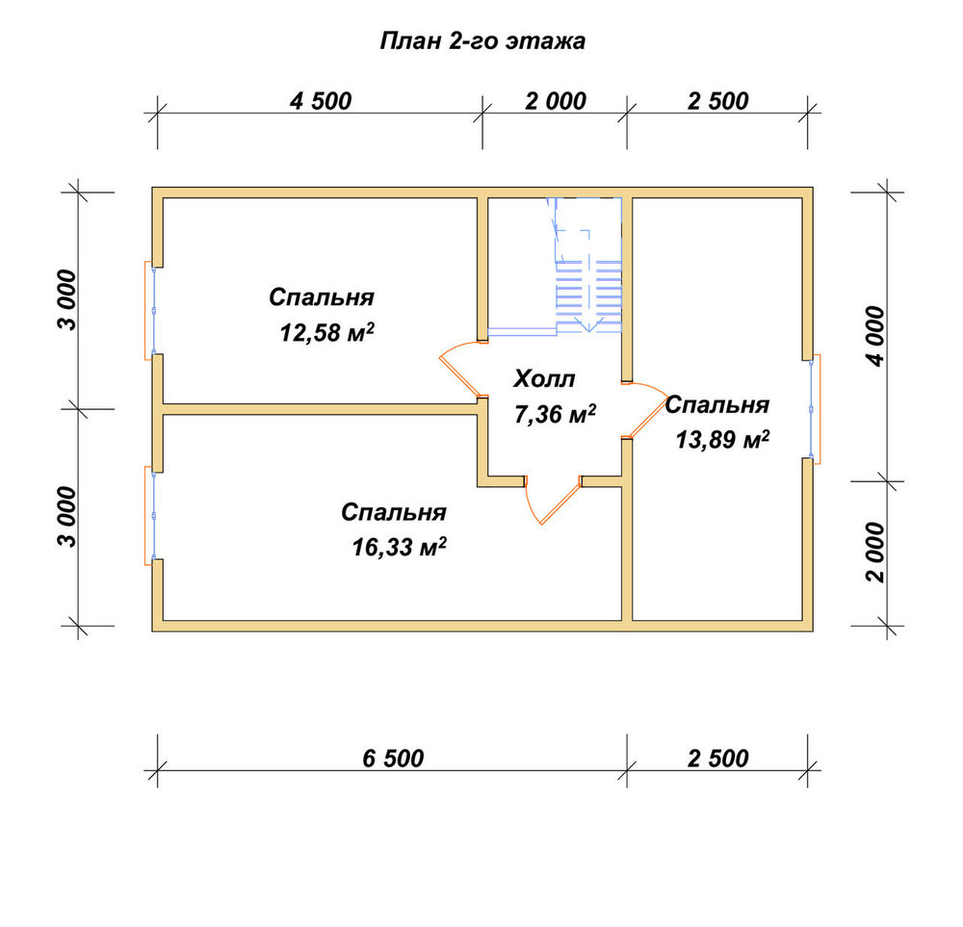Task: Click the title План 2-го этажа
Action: click(x=482, y=41)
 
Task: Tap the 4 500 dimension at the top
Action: click(x=321, y=101)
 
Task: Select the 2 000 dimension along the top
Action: click(x=556, y=101)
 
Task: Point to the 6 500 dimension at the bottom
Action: click(x=393, y=759)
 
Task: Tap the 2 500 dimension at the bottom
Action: click(x=718, y=759)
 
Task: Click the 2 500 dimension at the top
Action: click(x=718, y=101)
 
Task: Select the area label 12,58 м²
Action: click(x=326, y=333)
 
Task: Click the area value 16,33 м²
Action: click(x=399, y=547)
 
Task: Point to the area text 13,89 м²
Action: click(x=723, y=440)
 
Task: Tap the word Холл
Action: click(x=544, y=378)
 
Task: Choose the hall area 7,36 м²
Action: click(x=556, y=414)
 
